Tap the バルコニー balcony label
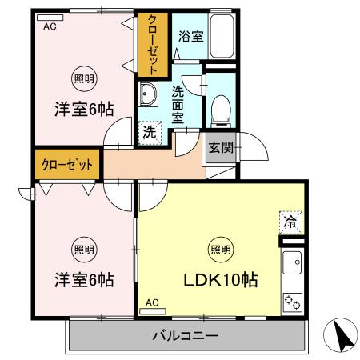[185, 336]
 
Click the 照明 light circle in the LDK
[221, 249]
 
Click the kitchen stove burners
[292, 302]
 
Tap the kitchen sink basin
[292, 262]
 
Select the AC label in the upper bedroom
[50, 26]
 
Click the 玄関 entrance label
[222, 147]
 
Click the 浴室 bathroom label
[190, 37]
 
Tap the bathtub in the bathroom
[221, 38]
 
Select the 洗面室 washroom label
[178, 102]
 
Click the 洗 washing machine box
[150, 133]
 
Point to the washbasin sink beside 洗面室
[149, 95]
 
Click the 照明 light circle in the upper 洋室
[82, 78]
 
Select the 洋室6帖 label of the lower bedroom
[82, 280]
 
